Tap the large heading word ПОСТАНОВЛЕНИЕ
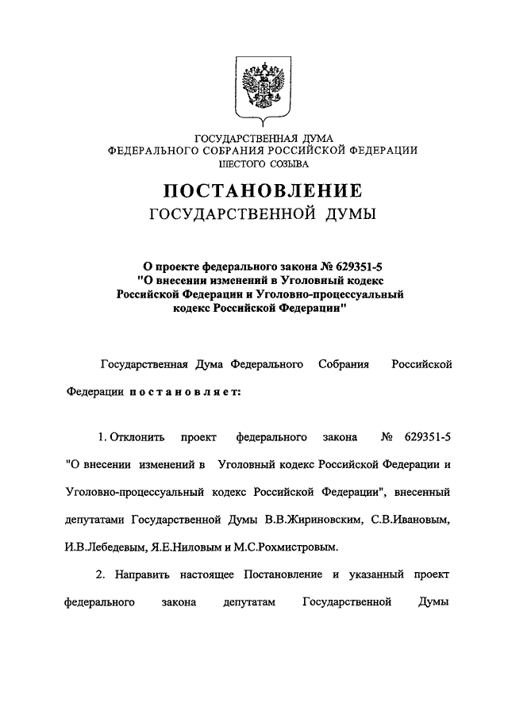point(263,191)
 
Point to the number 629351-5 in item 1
point(428,437)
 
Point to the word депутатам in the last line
point(249,602)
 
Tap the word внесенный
point(421,493)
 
